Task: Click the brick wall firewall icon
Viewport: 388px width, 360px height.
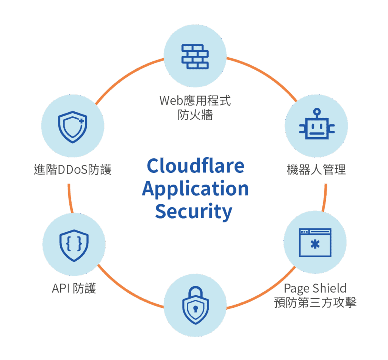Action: pyautogui.click(x=194, y=56)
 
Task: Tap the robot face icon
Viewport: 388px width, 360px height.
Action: pyautogui.click(x=317, y=128)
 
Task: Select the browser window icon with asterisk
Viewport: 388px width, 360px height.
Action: pyautogui.click(x=315, y=243)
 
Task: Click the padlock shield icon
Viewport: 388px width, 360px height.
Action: pyautogui.click(x=195, y=306)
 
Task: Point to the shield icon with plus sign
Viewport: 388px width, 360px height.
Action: pyautogui.click(x=72, y=127)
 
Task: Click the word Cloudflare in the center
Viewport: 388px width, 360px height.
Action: pyautogui.click(x=195, y=166)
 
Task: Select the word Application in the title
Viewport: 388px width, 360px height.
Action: pyautogui.click(x=195, y=188)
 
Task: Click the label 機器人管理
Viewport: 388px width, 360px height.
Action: pyautogui.click(x=316, y=169)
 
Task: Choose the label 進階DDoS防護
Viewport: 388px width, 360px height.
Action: pyautogui.click(x=72, y=169)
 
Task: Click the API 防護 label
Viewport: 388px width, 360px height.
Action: pyautogui.click(x=74, y=288)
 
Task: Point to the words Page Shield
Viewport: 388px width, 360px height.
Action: pyautogui.click(x=315, y=288)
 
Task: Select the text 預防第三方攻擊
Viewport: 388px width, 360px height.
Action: pyautogui.click(x=315, y=303)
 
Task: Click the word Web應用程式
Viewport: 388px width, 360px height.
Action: pyautogui.click(x=195, y=101)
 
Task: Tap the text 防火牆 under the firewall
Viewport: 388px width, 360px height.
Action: pyautogui.click(x=195, y=114)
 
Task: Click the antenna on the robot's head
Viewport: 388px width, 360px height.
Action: pyautogui.click(x=317, y=112)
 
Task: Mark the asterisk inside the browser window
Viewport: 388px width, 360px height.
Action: pyautogui.click(x=315, y=245)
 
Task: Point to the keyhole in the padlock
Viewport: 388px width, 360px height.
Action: pyautogui.click(x=195, y=308)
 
